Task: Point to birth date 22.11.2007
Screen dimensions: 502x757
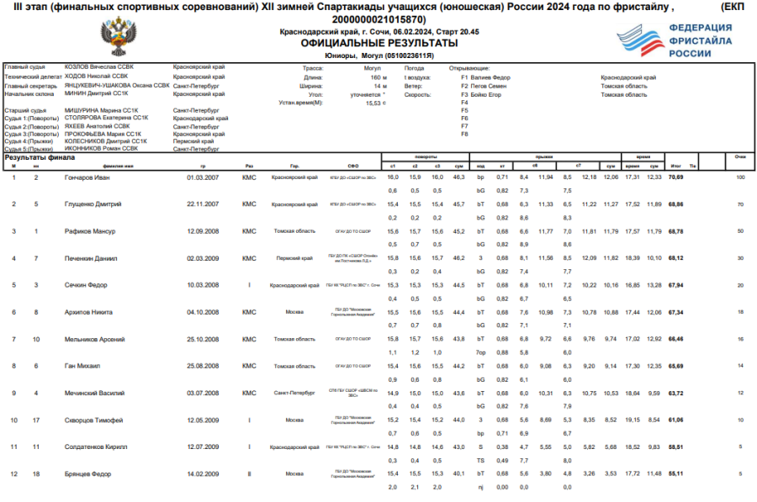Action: tap(203, 204)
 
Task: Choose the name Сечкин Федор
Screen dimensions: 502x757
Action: tap(84, 285)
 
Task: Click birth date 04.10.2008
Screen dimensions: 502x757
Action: tap(203, 312)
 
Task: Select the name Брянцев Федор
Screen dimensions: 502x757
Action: tap(87, 473)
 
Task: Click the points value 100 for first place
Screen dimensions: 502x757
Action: tap(740, 177)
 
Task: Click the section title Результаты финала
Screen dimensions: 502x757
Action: tap(40, 157)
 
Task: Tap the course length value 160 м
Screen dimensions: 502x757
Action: tap(378, 77)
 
